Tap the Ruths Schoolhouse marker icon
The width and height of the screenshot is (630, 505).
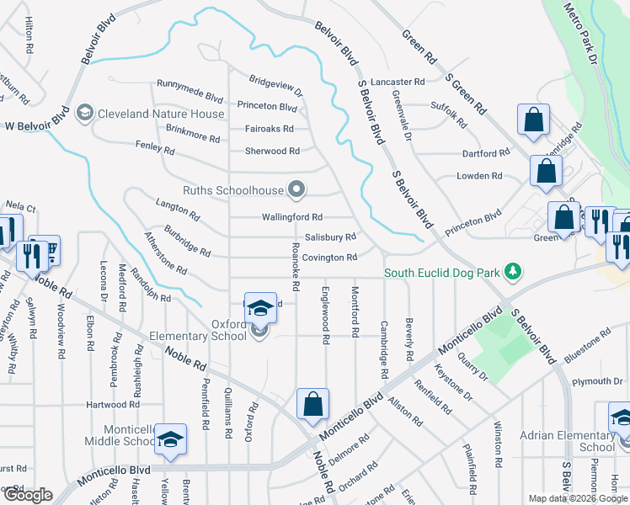coord(296,190)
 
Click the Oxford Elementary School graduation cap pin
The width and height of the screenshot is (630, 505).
coord(261,309)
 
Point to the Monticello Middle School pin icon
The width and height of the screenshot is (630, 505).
coord(171,439)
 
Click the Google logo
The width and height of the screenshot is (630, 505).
coord(27,496)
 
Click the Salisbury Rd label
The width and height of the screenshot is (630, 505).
coord(329,237)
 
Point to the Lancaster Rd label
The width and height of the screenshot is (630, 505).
coord(398,82)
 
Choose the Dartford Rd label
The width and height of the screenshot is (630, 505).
coord(486,154)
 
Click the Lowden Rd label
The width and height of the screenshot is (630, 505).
coord(479,176)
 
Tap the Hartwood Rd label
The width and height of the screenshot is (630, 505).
coord(111,405)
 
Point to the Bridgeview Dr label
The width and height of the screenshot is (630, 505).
coord(275,85)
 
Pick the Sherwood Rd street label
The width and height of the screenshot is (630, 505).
coord(272,151)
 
